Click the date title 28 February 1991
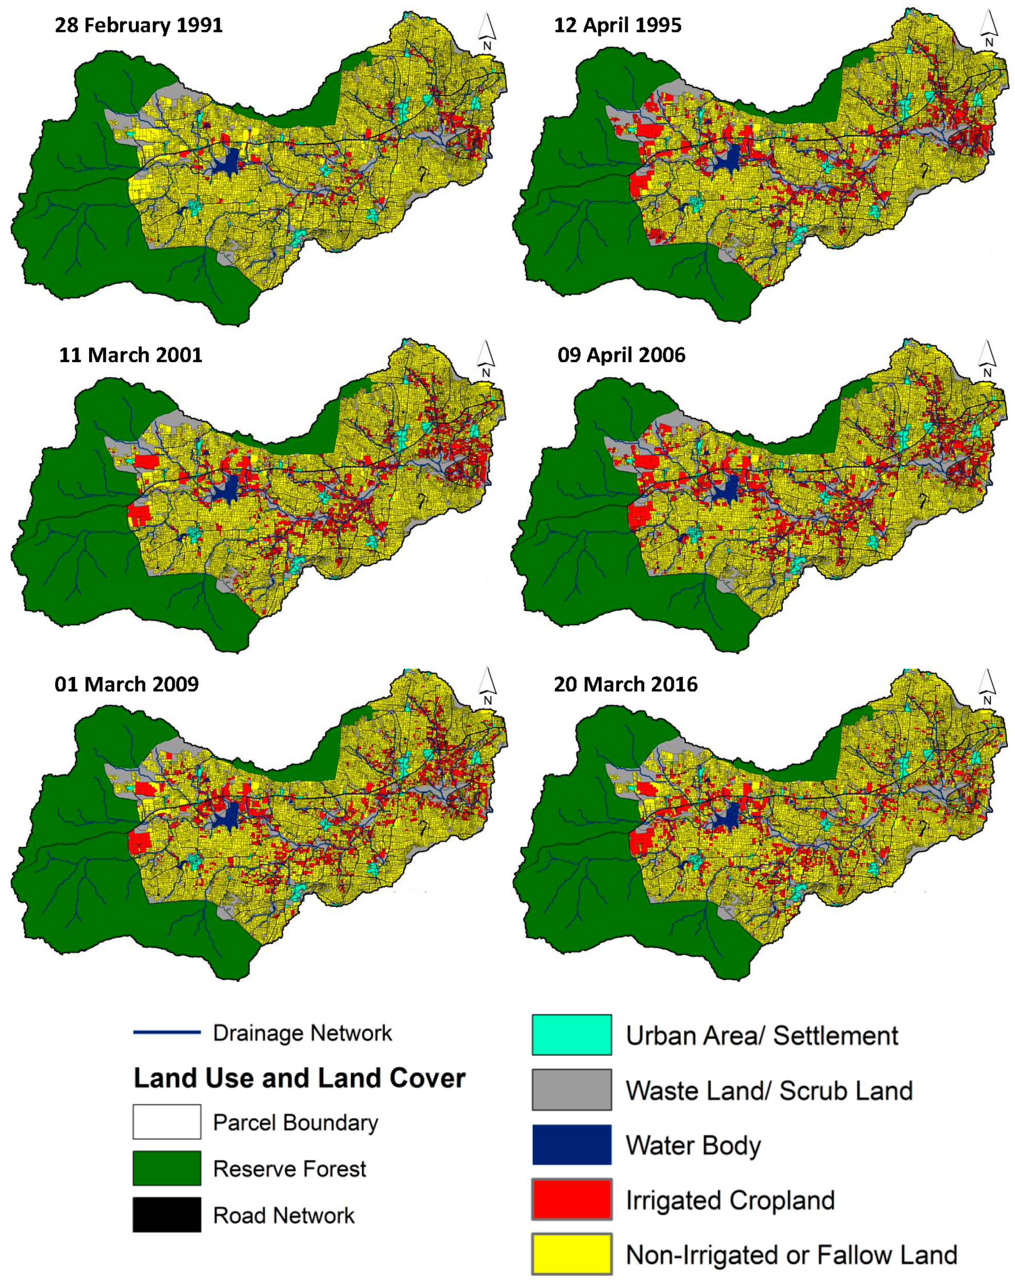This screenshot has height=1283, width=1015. [139, 26]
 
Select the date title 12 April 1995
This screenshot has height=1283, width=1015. [617, 26]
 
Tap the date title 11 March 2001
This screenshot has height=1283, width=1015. [130, 355]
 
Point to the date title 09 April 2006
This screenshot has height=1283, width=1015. [621, 355]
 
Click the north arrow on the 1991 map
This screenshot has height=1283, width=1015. [487, 31]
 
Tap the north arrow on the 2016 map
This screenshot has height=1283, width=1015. [987, 687]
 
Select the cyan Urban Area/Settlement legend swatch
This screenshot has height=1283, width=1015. [571, 1035]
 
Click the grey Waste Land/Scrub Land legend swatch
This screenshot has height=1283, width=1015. [571, 1090]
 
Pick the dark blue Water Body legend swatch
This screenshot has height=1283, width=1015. [571, 1144]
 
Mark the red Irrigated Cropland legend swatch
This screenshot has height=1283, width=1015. [571, 1199]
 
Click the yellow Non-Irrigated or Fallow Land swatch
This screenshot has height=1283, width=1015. [571, 1254]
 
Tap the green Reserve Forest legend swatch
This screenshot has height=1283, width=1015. [166, 1168]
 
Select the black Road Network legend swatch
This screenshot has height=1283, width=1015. [166, 1214]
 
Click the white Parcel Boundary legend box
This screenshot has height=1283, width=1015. [166, 1122]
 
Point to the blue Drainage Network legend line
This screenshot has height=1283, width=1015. [166, 1033]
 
